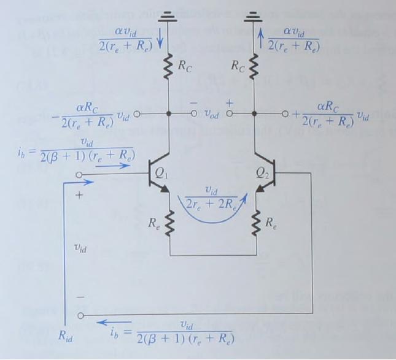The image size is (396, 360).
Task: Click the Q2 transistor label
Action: (x=262, y=174)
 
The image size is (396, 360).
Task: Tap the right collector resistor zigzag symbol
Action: (x=254, y=67)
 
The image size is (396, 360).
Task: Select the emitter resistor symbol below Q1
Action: (x=169, y=223)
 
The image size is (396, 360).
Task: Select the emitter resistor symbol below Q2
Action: (x=256, y=223)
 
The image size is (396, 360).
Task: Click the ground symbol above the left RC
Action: (x=167, y=17)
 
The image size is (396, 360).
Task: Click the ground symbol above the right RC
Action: (x=254, y=17)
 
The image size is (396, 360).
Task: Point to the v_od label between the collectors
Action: (x=211, y=114)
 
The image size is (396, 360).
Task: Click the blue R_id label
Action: (x=66, y=336)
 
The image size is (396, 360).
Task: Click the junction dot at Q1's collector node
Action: (x=169, y=114)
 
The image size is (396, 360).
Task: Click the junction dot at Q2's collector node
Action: (x=255, y=114)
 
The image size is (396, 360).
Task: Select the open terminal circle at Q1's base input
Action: (x=79, y=175)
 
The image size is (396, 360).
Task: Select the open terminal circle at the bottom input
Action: (x=80, y=315)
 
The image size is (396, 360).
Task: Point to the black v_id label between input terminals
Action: (x=80, y=248)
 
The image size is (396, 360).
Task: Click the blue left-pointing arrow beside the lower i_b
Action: (x=114, y=322)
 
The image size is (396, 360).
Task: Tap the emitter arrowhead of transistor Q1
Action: (x=165, y=190)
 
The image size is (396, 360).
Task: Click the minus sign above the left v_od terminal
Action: (x=193, y=103)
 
